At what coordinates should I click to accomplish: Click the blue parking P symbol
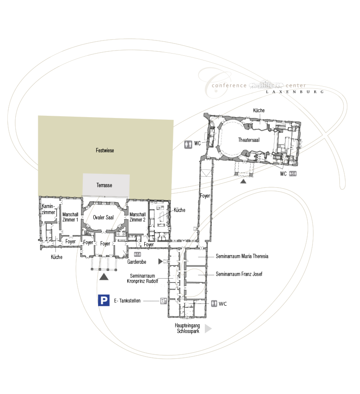coord(104,300)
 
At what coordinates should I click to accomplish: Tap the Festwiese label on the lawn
coord(105,151)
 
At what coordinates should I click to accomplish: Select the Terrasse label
coord(105,185)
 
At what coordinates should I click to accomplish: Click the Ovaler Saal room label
coord(103,217)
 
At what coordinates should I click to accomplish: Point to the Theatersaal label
coord(249,140)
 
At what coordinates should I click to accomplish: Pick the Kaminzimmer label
coord(48,209)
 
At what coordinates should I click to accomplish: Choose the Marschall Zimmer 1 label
coord(70,217)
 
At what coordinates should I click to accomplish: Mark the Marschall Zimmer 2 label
coord(138,217)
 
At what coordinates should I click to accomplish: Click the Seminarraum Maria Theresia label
coord(242,256)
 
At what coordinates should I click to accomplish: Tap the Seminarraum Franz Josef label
coord(239,274)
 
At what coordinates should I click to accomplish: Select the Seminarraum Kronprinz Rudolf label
coord(143,279)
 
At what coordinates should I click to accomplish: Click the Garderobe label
coord(136,262)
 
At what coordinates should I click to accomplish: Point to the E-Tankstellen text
coord(127,301)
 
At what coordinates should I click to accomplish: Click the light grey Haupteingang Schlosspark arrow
coord(207,329)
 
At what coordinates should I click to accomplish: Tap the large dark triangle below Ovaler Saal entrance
coord(104,277)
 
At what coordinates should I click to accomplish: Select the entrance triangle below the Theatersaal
coord(243,181)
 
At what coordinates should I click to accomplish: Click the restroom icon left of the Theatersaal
coord(188,145)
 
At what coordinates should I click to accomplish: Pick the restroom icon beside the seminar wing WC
coord(214,303)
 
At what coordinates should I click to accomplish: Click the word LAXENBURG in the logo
coord(295,92)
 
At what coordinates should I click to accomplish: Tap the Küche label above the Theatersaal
coord(259,110)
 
